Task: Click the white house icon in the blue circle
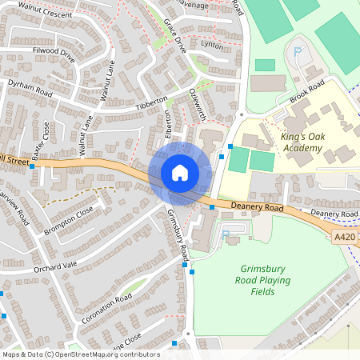(x=180, y=173)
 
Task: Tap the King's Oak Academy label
(x=290, y=142)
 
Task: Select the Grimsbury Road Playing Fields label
(x=266, y=280)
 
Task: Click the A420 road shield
(x=344, y=238)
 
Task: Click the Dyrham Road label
(x=30, y=88)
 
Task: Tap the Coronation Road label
(x=106, y=309)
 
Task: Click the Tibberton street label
(x=152, y=105)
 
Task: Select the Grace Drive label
(x=174, y=35)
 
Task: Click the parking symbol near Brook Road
(x=298, y=52)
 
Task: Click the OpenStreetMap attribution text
(x=81, y=354)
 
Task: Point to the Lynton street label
(x=212, y=46)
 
